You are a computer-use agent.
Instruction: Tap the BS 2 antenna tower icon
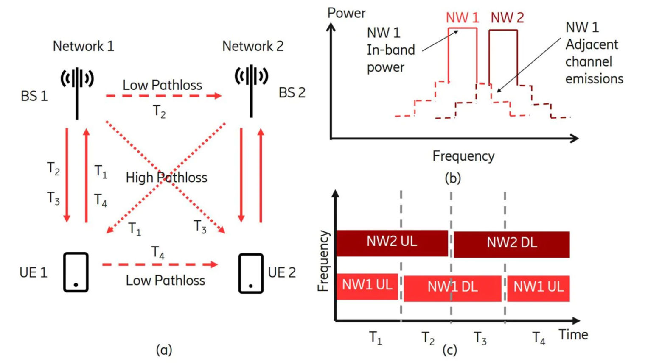tap(251, 91)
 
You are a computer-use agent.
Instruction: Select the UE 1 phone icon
tap(76, 272)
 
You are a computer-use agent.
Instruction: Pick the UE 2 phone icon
tap(251, 273)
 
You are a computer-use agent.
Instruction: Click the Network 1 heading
tap(84, 46)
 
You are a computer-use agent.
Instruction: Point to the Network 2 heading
tap(253, 46)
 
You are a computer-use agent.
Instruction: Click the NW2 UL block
tap(392, 243)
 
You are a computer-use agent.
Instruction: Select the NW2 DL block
tap(511, 245)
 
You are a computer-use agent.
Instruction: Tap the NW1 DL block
tap(452, 288)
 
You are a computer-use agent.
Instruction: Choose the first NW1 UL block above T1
tap(367, 286)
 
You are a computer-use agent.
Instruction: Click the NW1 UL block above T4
tap(539, 288)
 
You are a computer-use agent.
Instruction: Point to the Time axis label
tap(573, 334)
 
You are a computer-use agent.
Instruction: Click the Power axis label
tap(346, 13)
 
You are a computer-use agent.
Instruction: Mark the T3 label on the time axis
tap(480, 338)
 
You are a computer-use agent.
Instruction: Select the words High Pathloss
tap(166, 178)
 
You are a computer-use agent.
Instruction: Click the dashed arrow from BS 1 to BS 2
tap(164, 96)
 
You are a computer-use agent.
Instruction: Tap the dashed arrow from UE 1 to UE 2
tap(160, 264)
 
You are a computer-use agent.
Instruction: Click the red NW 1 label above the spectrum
tap(462, 18)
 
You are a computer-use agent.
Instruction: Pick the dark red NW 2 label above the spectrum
tap(508, 18)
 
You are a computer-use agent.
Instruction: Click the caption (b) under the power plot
tap(453, 178)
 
